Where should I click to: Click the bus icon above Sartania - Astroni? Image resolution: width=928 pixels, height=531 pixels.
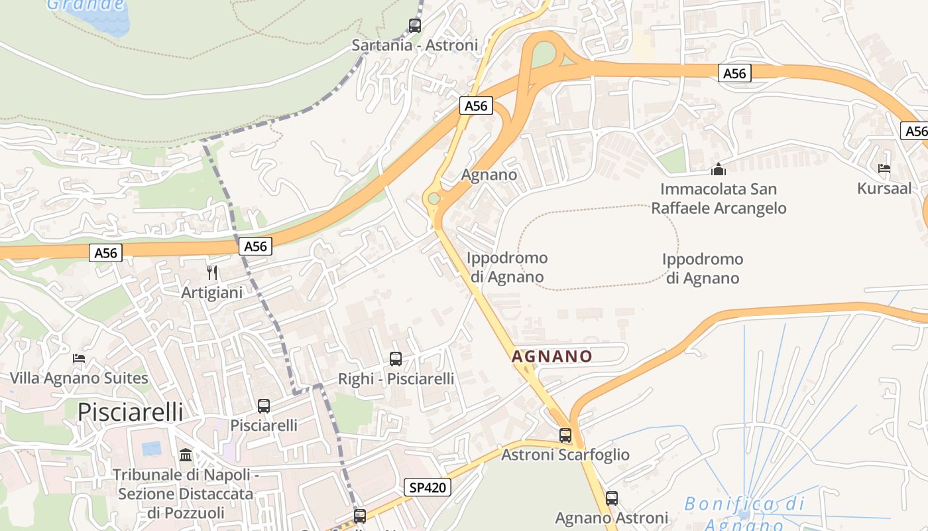tap(414, 26)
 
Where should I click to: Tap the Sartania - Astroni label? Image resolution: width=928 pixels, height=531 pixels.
tap(414, 46)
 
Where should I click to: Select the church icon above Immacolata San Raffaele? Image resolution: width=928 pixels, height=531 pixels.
tap(718, 169)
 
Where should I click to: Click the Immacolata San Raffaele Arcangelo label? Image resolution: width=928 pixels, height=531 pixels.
tap(719, 198)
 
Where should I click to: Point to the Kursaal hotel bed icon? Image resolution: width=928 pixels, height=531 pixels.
tap(884, 169)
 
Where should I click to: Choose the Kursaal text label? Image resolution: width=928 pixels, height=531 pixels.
tap(884, 188)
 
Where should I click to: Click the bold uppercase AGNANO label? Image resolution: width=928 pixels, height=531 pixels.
tap(551, 356)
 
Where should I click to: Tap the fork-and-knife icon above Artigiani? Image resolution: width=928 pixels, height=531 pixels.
tap(212, 272)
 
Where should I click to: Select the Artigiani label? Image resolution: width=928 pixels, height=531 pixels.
tap(212, 292)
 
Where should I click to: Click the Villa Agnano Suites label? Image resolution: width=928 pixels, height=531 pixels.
tap(79, 378)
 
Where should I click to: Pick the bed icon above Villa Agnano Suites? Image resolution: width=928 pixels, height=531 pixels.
tap(79, 358)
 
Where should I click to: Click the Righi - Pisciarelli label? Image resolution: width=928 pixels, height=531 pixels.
tap(396, 379)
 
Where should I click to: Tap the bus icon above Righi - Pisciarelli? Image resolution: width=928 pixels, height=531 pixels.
tap(396, 359)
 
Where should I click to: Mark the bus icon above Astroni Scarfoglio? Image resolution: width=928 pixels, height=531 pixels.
tap(565, 435)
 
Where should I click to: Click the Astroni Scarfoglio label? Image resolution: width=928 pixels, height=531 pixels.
tap(565, 455)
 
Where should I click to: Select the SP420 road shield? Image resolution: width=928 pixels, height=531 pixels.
tap(428, 488)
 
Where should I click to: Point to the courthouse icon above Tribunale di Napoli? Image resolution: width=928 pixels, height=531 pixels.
tap(186, 455)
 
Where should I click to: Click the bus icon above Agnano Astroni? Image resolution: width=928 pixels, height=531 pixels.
tap(612, 498)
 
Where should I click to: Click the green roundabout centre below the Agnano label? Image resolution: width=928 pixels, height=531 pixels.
tap(434, 198)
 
